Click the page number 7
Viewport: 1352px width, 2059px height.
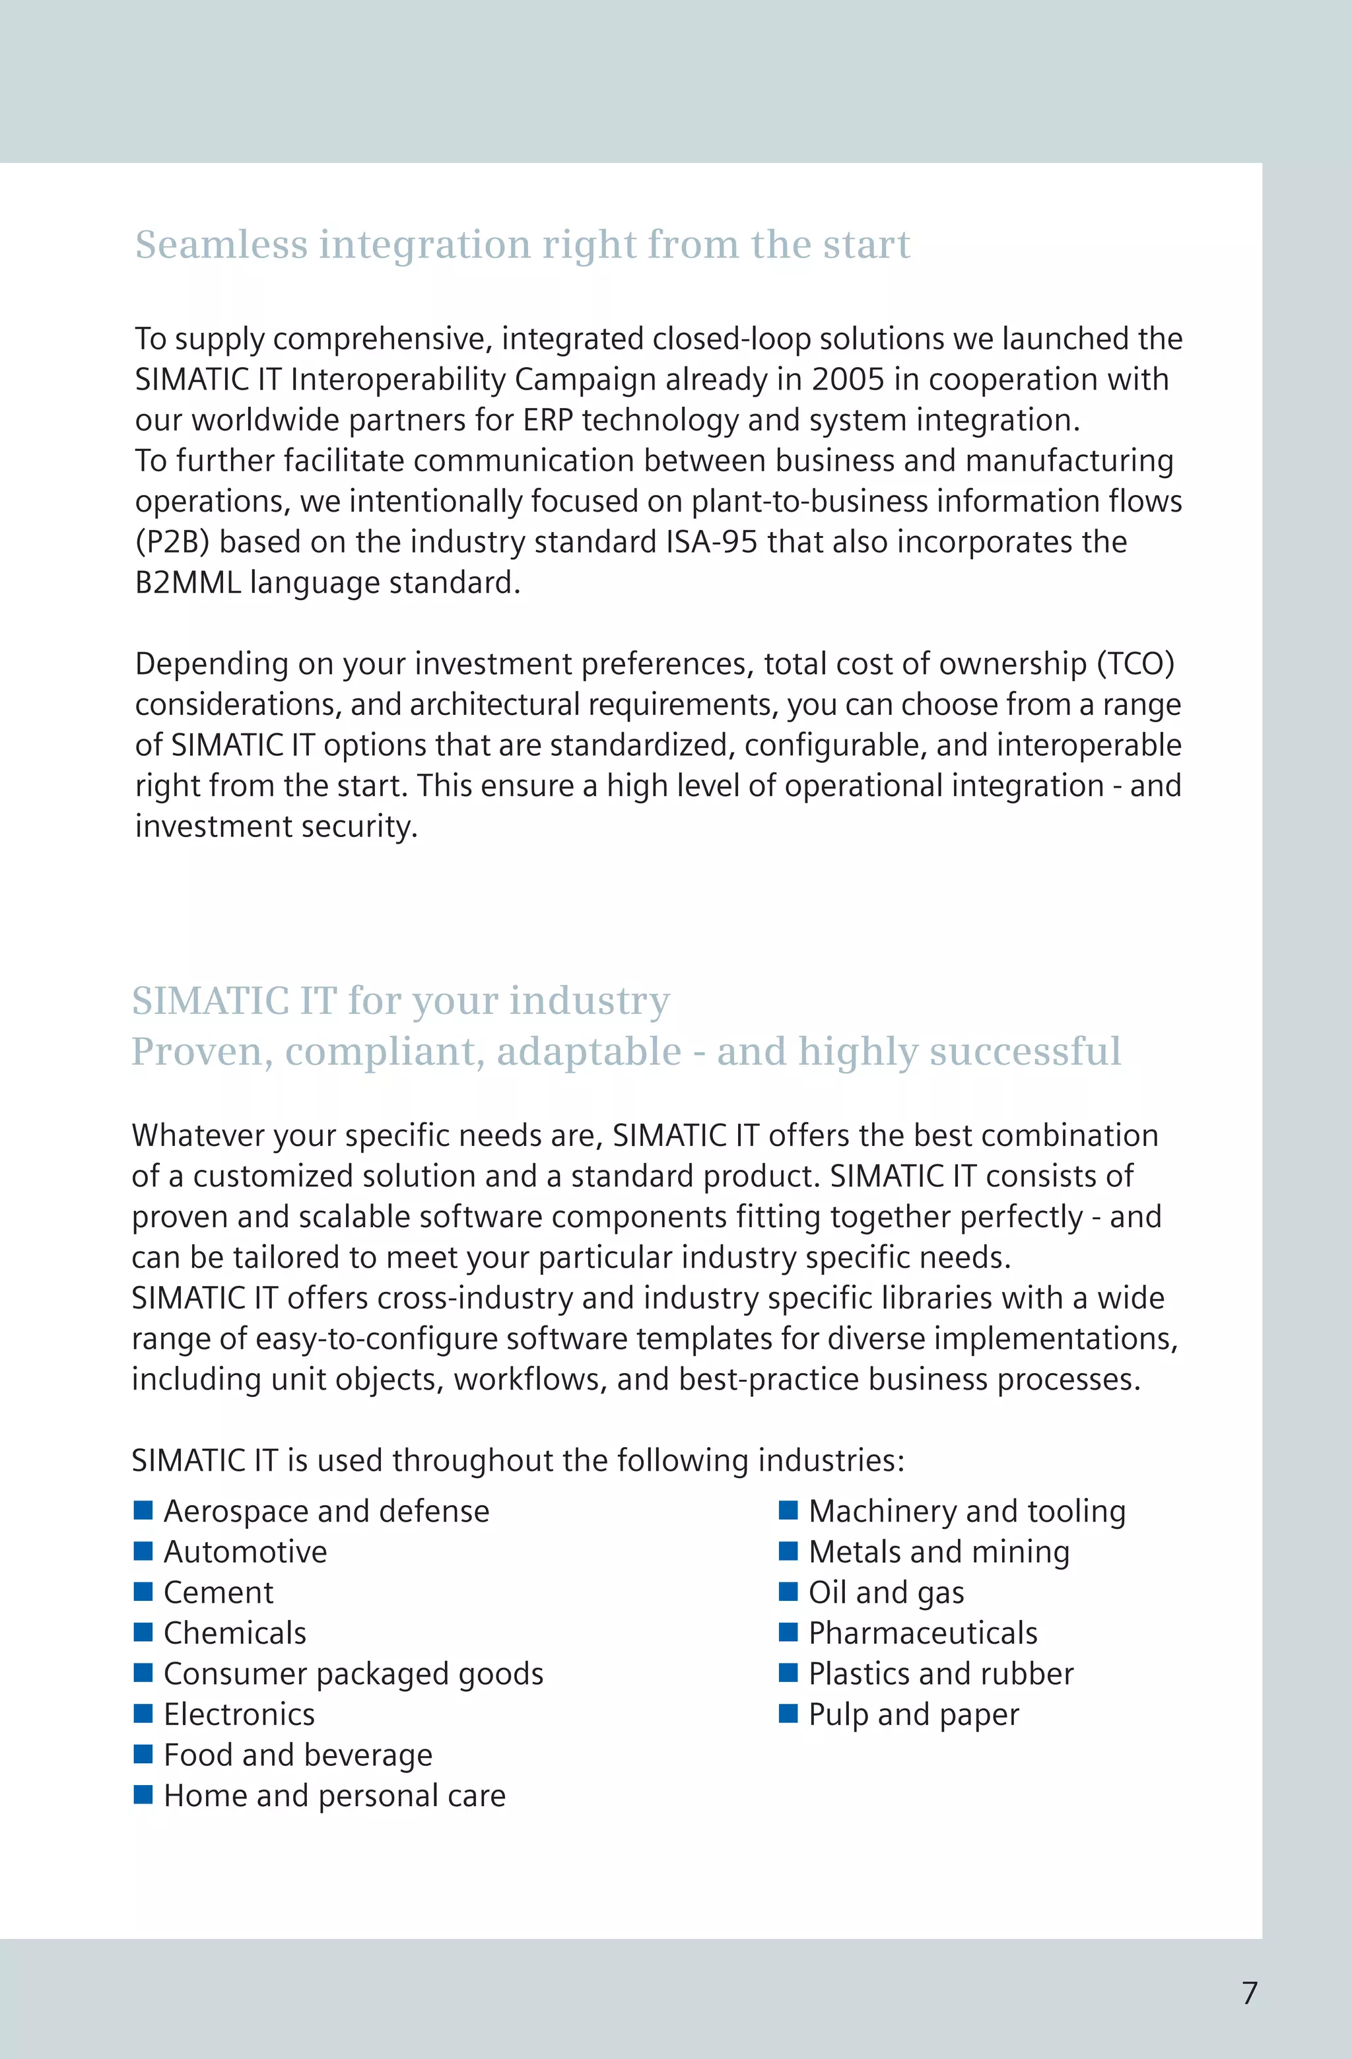1249,1992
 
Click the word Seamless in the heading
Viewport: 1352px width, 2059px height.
221,245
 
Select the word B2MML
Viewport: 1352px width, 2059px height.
187,582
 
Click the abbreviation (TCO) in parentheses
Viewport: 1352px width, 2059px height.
1135,663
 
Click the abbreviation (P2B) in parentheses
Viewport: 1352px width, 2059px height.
172,541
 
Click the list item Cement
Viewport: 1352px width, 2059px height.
218,1592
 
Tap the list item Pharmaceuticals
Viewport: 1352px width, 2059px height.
922,1633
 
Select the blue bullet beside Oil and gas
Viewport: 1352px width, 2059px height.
788,1591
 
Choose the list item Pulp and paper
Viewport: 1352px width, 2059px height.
914,1714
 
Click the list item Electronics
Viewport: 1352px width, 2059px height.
239,1714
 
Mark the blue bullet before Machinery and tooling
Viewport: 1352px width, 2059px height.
788,1510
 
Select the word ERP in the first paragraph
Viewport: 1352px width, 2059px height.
547,420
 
